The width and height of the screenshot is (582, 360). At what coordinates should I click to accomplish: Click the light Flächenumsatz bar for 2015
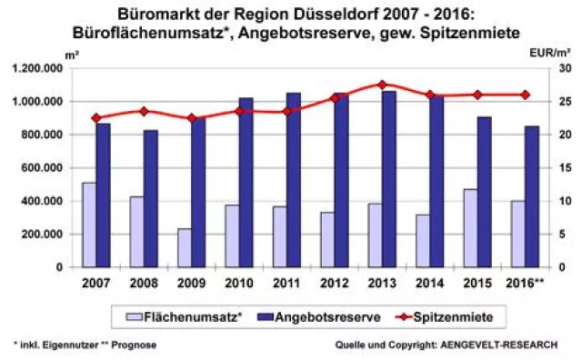point(470,228)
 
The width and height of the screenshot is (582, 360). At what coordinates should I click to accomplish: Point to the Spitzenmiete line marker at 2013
point(381,85)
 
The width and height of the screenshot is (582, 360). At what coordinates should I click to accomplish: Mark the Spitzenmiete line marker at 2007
point(96,118)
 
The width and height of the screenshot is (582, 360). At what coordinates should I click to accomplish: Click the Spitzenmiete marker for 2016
point(525,95)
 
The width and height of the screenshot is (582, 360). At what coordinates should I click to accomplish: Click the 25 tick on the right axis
point(564,102)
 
